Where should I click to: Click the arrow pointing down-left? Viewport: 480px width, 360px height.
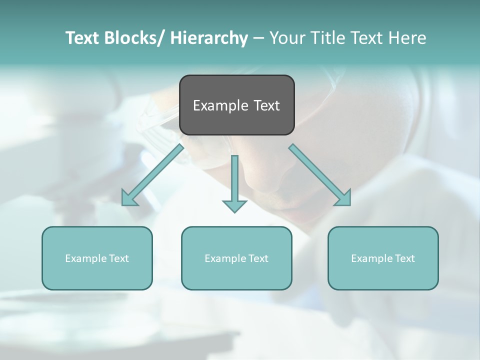click(x=152, y=175)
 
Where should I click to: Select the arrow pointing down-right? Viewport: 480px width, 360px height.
click(x=320, y=175)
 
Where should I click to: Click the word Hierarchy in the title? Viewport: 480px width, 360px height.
click(x=209, y=38)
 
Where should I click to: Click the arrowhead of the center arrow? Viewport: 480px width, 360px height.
click(x=234, y=205)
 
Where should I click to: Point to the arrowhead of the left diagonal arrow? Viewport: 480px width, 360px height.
click(x=129, y=198)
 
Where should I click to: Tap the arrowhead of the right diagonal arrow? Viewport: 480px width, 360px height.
click(x=343, y=198)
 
